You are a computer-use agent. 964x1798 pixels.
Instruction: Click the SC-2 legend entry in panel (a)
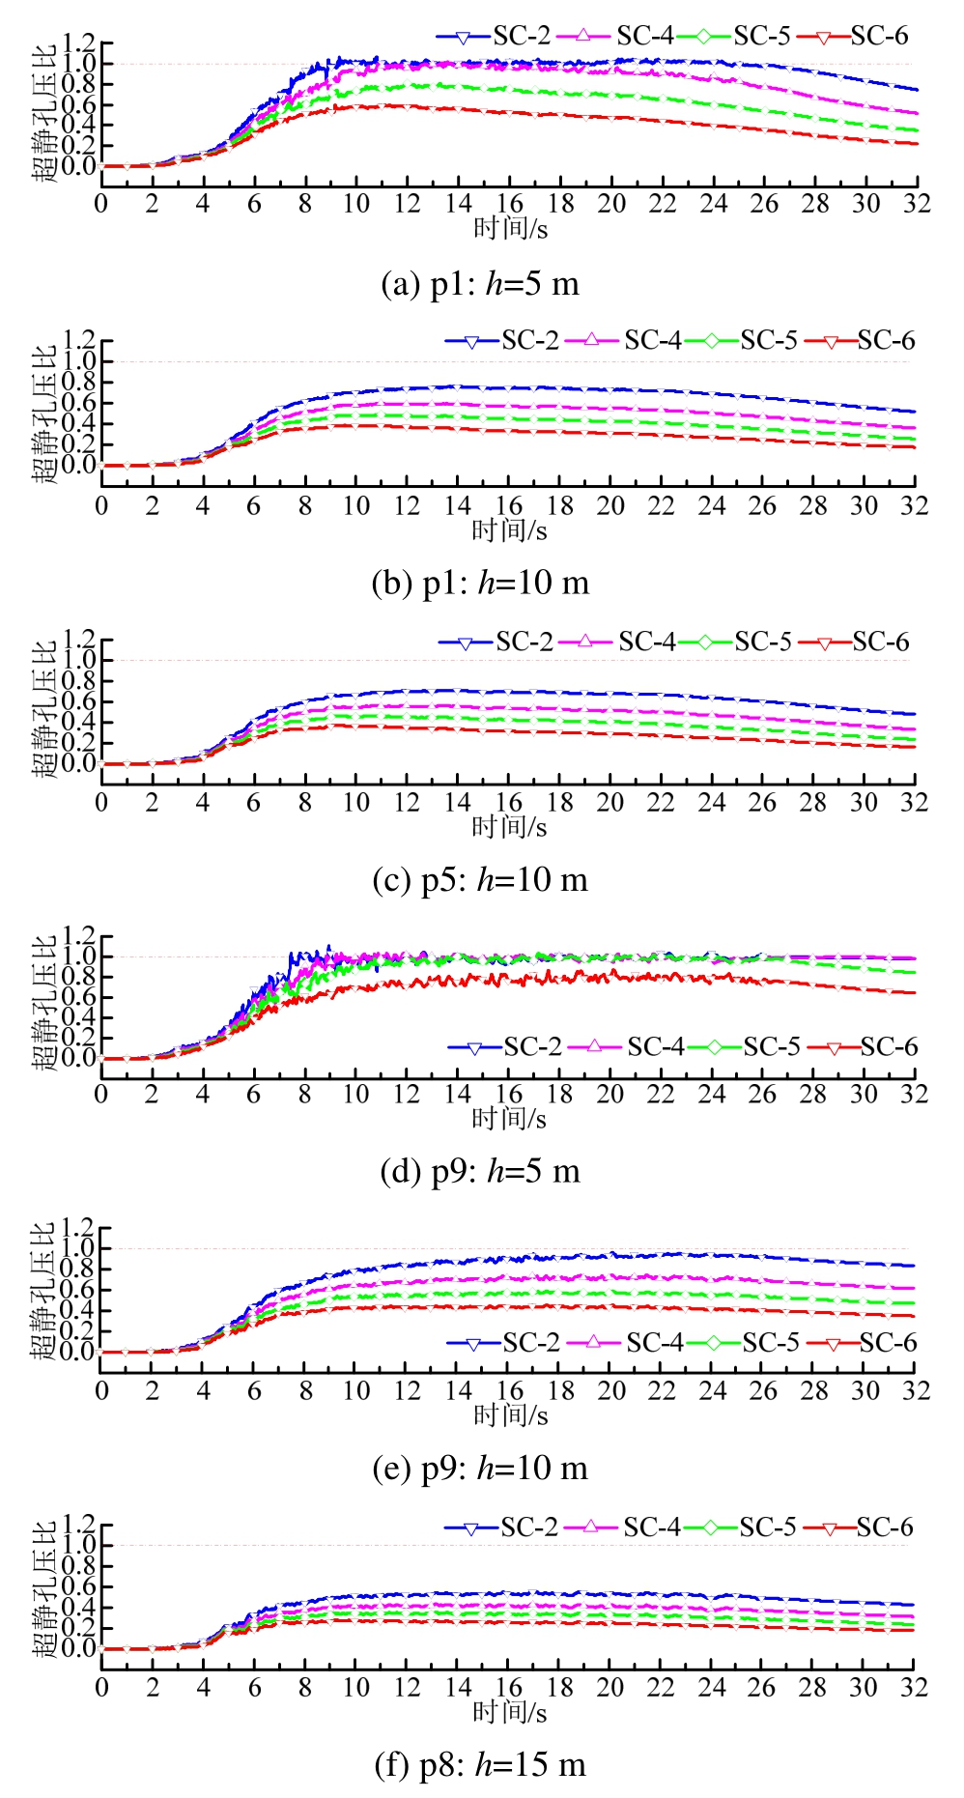(494, 37)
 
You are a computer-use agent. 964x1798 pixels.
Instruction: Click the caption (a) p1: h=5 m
(480, 284)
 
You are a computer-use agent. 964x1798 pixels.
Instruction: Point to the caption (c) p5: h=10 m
(480, 880)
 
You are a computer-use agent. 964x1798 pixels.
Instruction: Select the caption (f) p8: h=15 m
(480, 1765)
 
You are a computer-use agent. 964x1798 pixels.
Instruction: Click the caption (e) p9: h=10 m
(480, 1469)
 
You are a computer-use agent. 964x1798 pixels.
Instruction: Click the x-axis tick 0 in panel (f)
(102, 1688)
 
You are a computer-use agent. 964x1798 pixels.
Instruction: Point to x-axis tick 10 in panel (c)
(356, 803)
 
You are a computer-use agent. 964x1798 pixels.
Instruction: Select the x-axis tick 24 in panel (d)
(712, 1095)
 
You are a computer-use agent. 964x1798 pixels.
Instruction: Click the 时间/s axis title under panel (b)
(509, 530)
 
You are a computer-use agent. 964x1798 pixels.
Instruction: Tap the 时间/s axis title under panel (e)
(510, 1415)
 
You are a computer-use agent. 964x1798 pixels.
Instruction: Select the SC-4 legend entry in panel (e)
(625, 1343)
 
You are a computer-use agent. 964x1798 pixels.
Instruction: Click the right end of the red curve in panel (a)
(917, 144)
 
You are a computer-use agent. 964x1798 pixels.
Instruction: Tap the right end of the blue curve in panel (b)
(915, 412)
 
